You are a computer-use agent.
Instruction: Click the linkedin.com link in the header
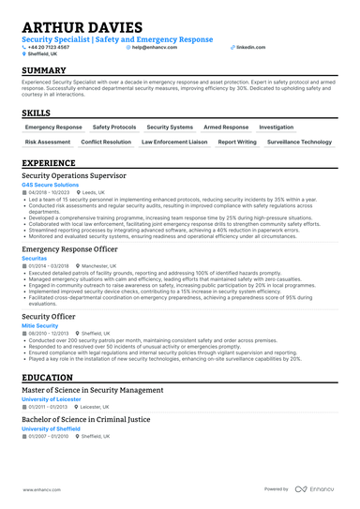click(250, 46)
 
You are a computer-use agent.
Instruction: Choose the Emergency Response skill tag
click(53, 127)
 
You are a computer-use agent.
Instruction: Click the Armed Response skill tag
click(226, 127)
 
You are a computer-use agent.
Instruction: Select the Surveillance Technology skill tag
click(299, 142)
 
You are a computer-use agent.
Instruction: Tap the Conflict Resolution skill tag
click(106, 142)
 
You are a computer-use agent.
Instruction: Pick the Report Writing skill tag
click(236, 142)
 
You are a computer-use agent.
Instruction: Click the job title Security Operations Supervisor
click(80, 175)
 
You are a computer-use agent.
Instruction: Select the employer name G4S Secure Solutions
click(51, 186)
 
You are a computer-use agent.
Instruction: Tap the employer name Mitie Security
click(40, 324)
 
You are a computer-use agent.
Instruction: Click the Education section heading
click(54, 377)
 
